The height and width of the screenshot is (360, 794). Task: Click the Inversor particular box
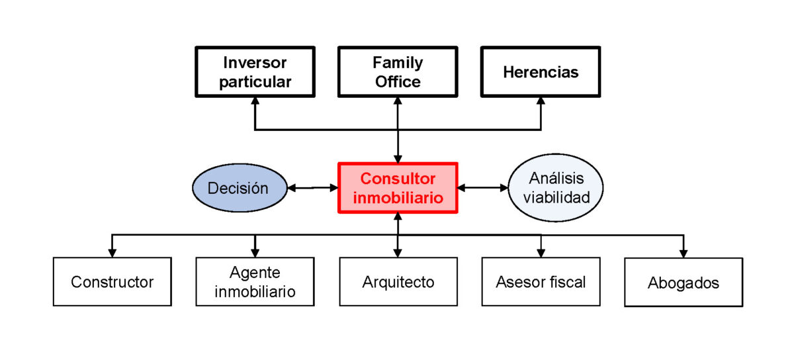coord(255,72)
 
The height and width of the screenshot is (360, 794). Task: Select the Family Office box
coord(398,72)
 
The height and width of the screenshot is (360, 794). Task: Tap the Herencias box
coord(541,72)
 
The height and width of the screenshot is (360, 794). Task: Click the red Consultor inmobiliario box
coord(398,188)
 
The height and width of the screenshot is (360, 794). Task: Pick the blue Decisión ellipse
coord(238,188)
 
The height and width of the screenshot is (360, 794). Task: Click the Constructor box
coord(112,282)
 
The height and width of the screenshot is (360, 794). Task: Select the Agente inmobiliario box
coord(255,282)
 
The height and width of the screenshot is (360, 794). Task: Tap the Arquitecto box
coord(398,282)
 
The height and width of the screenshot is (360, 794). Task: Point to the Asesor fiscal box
coord(541,282)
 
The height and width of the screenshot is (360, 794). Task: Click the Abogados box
coord(684,283)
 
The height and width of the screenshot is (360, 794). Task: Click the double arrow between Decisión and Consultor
coord(312,188)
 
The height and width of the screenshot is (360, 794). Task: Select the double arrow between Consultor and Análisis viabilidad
coord(482,188)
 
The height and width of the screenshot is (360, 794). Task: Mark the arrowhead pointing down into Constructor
coord(112,252)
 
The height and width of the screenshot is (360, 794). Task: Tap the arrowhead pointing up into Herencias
coord(541,103)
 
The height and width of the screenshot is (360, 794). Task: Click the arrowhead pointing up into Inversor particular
coord(255,103)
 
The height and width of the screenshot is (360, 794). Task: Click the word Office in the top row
coord(398,82)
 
